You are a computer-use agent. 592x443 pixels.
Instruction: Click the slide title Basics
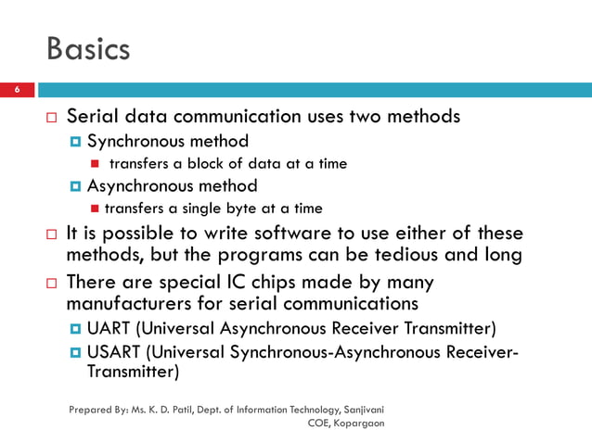tap(88, 49)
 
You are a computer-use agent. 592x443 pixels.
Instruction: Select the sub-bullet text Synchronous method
tap(168, 142)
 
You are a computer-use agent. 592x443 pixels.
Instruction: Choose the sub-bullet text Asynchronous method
tap(173, 186)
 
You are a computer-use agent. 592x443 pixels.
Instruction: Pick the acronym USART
tap(115, 351)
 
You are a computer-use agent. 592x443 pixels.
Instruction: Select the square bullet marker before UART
tap(77, 329)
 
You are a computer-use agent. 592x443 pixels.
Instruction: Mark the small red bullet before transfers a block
tap(95, 165)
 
